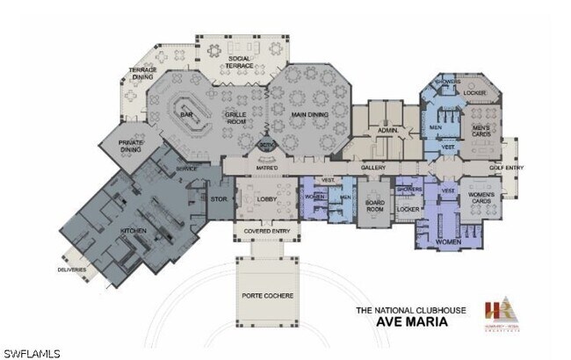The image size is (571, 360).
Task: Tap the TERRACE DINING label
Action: [x=143, y=73]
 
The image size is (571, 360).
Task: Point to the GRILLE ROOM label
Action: [x=235, y=118]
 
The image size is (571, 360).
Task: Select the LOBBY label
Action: [x=267, y=199]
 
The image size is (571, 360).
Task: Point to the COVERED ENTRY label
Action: [x=267, y=233]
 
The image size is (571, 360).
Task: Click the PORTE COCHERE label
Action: [x=267, y=296]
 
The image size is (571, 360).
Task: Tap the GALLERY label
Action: [x=373, y=167]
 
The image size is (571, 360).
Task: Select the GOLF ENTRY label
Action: [x=507, y=167]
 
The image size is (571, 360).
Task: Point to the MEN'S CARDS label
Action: [x=481, y=131]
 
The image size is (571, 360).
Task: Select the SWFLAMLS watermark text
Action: [x=32, y=353]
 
